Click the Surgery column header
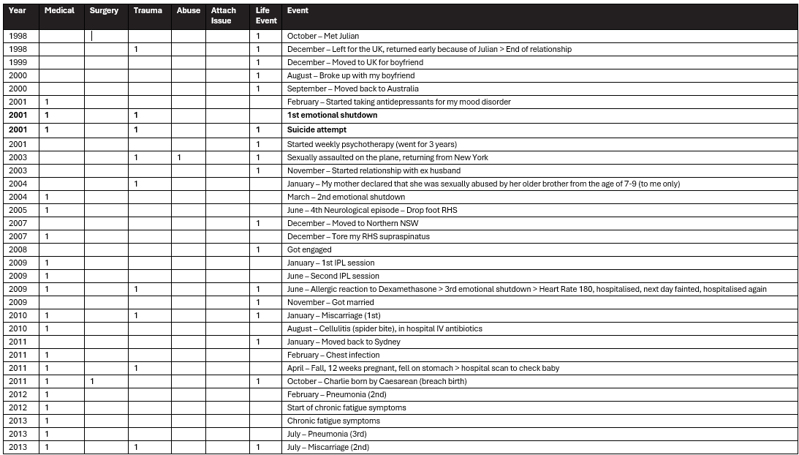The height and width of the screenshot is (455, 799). tap(104, 11)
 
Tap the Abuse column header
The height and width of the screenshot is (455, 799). tap(188, 11)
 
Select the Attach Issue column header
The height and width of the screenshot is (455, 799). tap(223, 15)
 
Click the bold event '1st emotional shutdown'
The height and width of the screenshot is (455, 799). tap(332, 115)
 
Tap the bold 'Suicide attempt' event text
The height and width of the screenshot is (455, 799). tap(317, 129)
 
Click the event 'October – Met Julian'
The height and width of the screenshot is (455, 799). tap(322, 36)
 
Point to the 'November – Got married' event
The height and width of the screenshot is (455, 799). tap(326, 302)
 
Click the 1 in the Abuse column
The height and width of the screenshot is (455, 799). tap(179, 157)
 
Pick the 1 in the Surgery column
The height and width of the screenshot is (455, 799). tap(92, 381)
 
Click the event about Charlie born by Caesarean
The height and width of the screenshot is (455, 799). tap(376, 381)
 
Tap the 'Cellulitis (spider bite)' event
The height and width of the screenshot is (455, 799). tap(385, 328)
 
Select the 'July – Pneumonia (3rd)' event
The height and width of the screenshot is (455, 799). tap(327, 434)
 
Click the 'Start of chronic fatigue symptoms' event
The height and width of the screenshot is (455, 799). tap(347, 407)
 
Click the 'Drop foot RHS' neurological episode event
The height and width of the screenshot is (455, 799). tap(372, 210)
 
